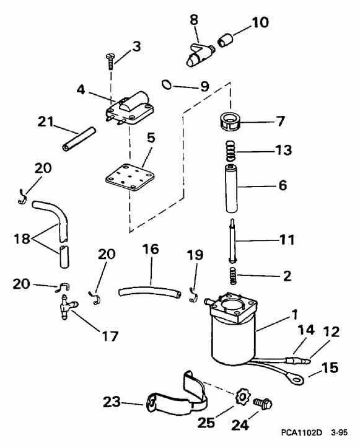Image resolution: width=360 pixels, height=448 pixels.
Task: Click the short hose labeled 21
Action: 77,141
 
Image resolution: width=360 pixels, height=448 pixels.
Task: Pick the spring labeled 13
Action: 230,151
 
